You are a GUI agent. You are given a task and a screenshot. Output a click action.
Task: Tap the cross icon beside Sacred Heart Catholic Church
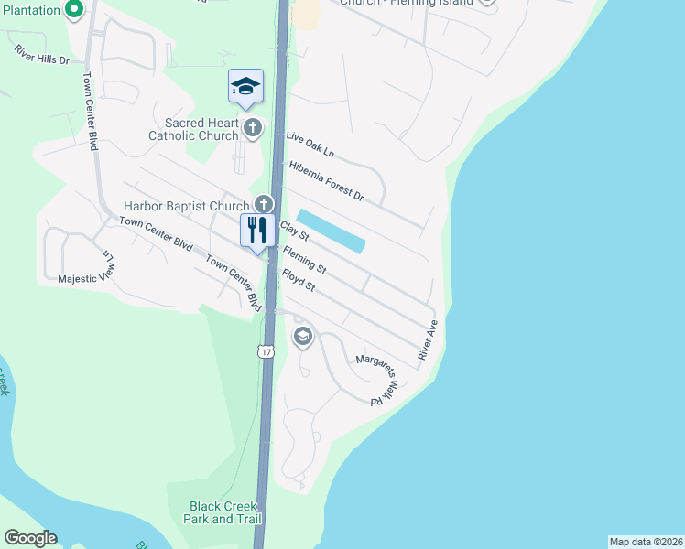pos(253,127)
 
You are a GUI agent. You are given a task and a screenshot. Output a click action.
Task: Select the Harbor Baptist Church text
pos(186,206)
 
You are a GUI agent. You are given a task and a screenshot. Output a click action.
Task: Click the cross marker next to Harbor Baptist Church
pos(264,204)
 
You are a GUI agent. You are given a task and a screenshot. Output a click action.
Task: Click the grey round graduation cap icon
pos(302,338)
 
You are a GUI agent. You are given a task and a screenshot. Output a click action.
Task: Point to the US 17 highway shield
pos(266,351)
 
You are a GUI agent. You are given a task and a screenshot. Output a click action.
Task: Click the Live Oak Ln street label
pos(310,145)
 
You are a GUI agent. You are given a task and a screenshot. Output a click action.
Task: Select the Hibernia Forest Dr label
pos(326,181)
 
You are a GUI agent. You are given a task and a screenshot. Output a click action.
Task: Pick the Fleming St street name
pos(305,259)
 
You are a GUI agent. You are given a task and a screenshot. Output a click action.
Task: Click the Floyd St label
pos(299,280)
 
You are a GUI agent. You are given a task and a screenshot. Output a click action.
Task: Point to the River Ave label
pos(429,339)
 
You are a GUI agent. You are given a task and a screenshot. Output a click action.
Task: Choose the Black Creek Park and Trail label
pos(223,512)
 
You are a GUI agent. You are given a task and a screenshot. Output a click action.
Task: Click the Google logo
pos(30,538)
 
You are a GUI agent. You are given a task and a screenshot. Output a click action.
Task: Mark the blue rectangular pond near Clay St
pos(332,231)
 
